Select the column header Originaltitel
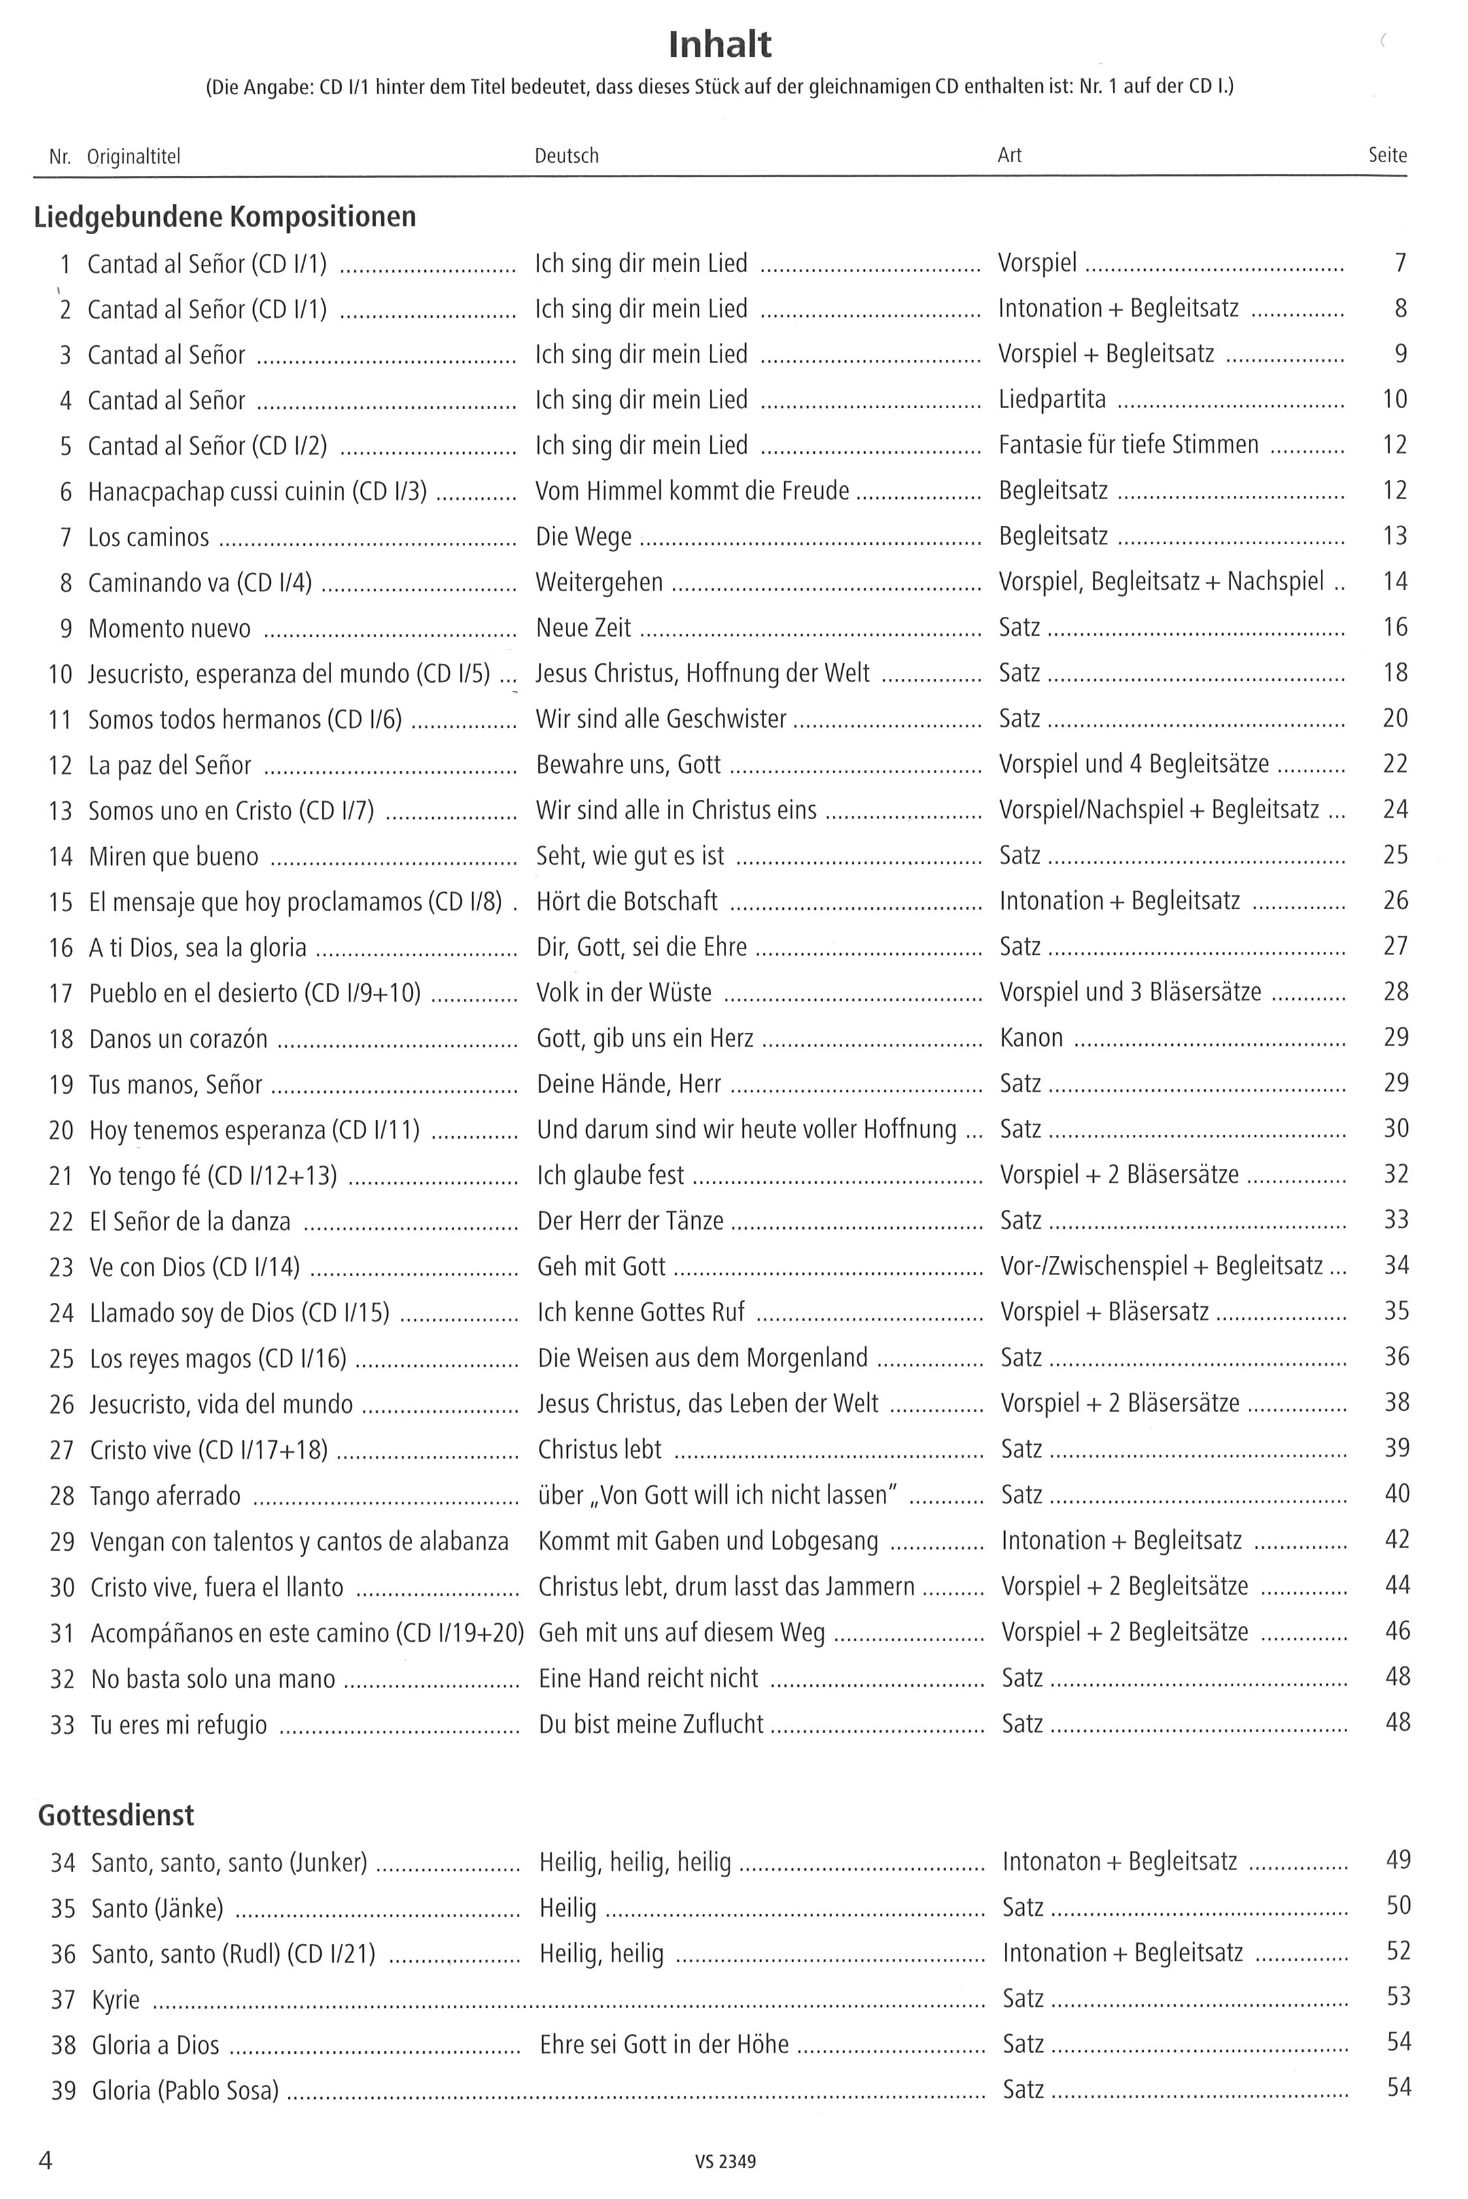[x=134, y=156]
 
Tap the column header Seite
[x=1386, y=156]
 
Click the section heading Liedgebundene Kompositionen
[x=224, y=217]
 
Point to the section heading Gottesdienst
[x=116, y=1815]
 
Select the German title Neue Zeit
[x=584, y=627]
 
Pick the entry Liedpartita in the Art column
[x=1053, y=400]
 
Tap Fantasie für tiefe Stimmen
[x=1128, y=445]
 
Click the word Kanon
[x=1031, y=1038]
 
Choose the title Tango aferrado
[x=165, y=1496]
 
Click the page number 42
[x=1396, y=1540]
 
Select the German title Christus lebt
[x=599, y=1450]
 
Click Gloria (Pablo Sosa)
[x=184, y=2091]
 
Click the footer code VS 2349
[x=725, y=2162]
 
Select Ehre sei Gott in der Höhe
[x=664, y=2045]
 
